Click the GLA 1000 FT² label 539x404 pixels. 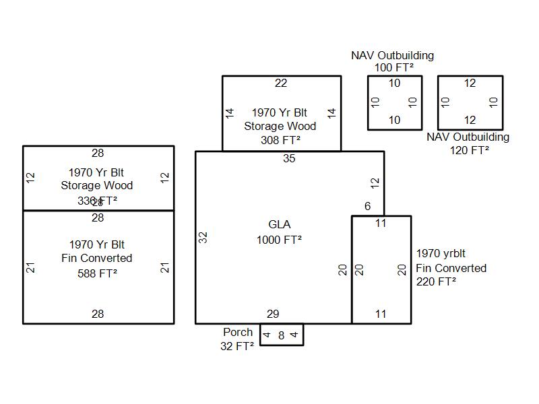coord(279,232)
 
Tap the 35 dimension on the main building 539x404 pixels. coord(289,159)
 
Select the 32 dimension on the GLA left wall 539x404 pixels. coord(203,237)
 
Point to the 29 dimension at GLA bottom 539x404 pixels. coord(273,314)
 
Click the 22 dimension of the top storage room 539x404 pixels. coord(281,83)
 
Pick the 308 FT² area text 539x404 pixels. coord(280,140)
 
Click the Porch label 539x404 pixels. coord(238,333)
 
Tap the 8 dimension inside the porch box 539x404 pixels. coord(282,335)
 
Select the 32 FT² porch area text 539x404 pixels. coord(237,346)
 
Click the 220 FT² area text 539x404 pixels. coord(436,282)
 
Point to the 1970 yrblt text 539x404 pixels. coord(441,254)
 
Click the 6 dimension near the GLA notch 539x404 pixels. coord(367,206)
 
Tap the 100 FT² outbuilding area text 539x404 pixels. coord(394,67)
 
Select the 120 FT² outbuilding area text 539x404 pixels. coord(470,150)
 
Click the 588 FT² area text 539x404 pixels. coord(98,273)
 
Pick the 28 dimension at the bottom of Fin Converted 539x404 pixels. coord(98,314)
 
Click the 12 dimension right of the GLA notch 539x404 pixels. coord(375,182)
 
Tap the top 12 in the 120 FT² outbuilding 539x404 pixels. coord(470,83)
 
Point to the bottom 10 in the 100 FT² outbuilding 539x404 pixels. coord(394,121)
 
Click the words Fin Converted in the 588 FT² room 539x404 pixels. coord(96,259)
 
